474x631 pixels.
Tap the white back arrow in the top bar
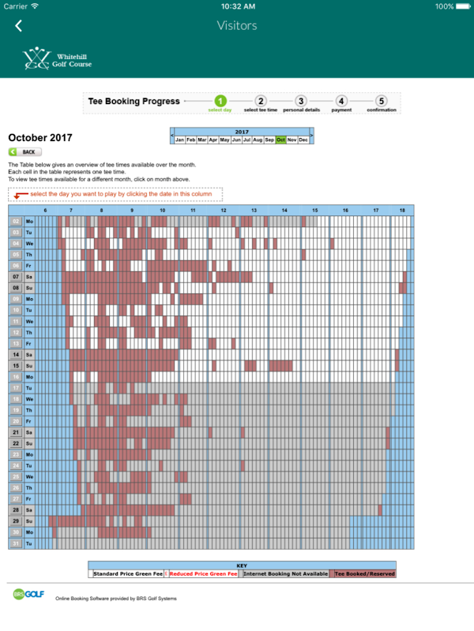19,26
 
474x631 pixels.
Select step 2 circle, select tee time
261,101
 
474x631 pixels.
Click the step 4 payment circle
341,101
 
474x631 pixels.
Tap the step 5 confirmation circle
382,101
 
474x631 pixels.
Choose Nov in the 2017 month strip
292,140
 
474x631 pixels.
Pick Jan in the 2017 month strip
180,140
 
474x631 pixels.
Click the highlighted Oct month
280,140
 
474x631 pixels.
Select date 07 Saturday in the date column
16,277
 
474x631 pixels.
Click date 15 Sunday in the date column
16,366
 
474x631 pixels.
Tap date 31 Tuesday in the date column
16,543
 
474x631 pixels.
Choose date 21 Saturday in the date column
16,432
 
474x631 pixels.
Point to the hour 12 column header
224,211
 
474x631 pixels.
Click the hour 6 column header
45,211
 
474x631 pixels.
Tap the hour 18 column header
402,211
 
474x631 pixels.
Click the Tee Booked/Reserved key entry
364,574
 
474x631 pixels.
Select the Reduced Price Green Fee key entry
203,574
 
